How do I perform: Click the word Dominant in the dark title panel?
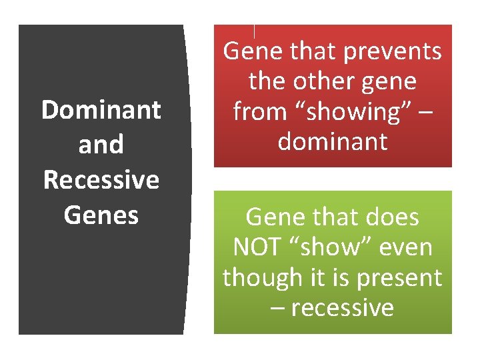click(101, 110)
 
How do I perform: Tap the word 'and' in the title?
click(101, 145)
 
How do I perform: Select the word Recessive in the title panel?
click(101, 180)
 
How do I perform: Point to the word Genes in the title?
click(101, 215)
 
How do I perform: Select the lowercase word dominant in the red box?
click(333, 141)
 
